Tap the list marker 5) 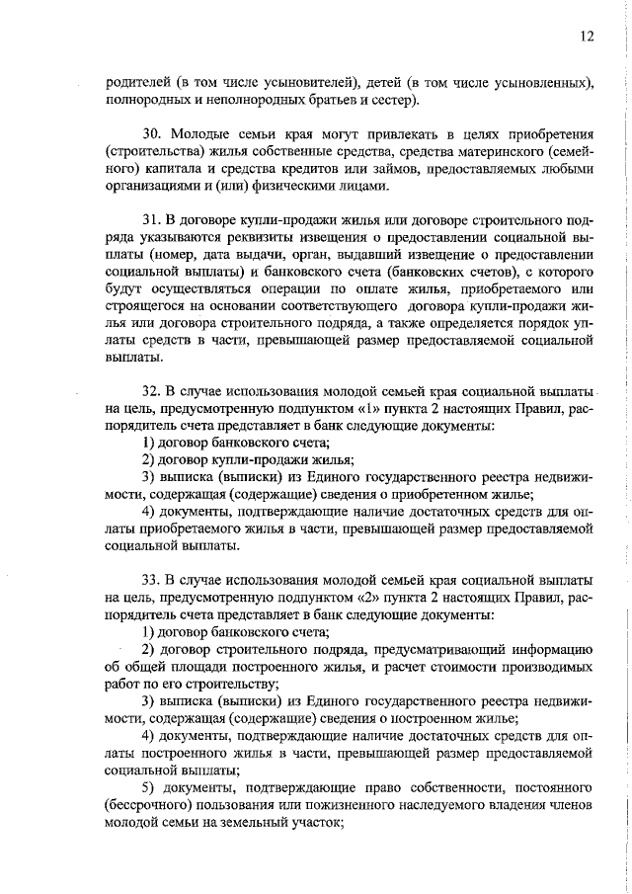click(148, 789)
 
